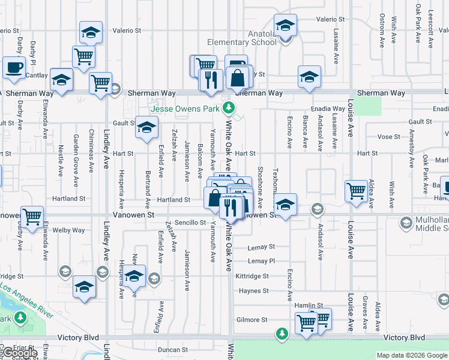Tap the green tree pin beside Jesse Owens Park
228,109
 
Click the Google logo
19,353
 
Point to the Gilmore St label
252,320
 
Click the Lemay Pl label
261,261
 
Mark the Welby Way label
69,230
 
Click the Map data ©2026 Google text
411,355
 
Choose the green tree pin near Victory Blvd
282,333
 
